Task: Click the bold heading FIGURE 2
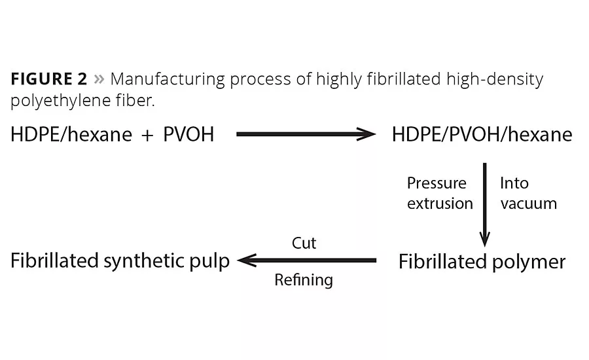point(48,80)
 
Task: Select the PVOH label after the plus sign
point(188,135)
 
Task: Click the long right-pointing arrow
point(306,135)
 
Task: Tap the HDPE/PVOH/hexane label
point(482,135)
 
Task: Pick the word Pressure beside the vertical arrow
point(437,183)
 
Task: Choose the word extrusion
point(440,204)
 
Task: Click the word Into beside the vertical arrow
point(514,183)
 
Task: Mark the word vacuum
point(528,204)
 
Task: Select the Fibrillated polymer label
point(482,262)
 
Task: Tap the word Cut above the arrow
point(304,243)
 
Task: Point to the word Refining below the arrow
point(304,280)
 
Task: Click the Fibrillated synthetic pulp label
point(120,261)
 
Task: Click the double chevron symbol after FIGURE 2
point(99,80)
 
